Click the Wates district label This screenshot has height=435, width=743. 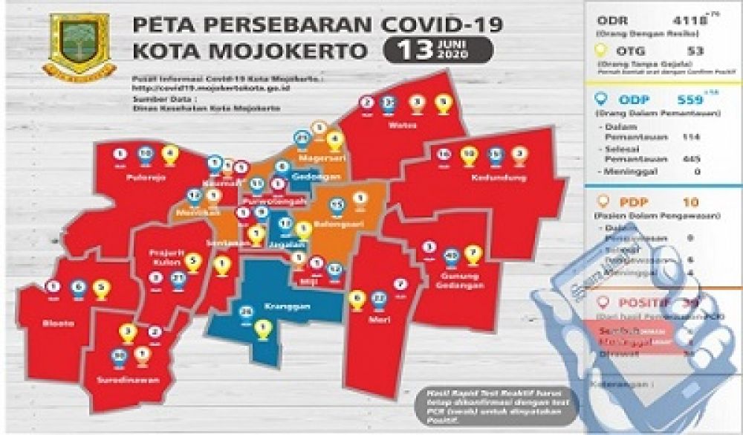point(398,124)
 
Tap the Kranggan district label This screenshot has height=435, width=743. point(260,306)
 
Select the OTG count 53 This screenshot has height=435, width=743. point(695,51)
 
